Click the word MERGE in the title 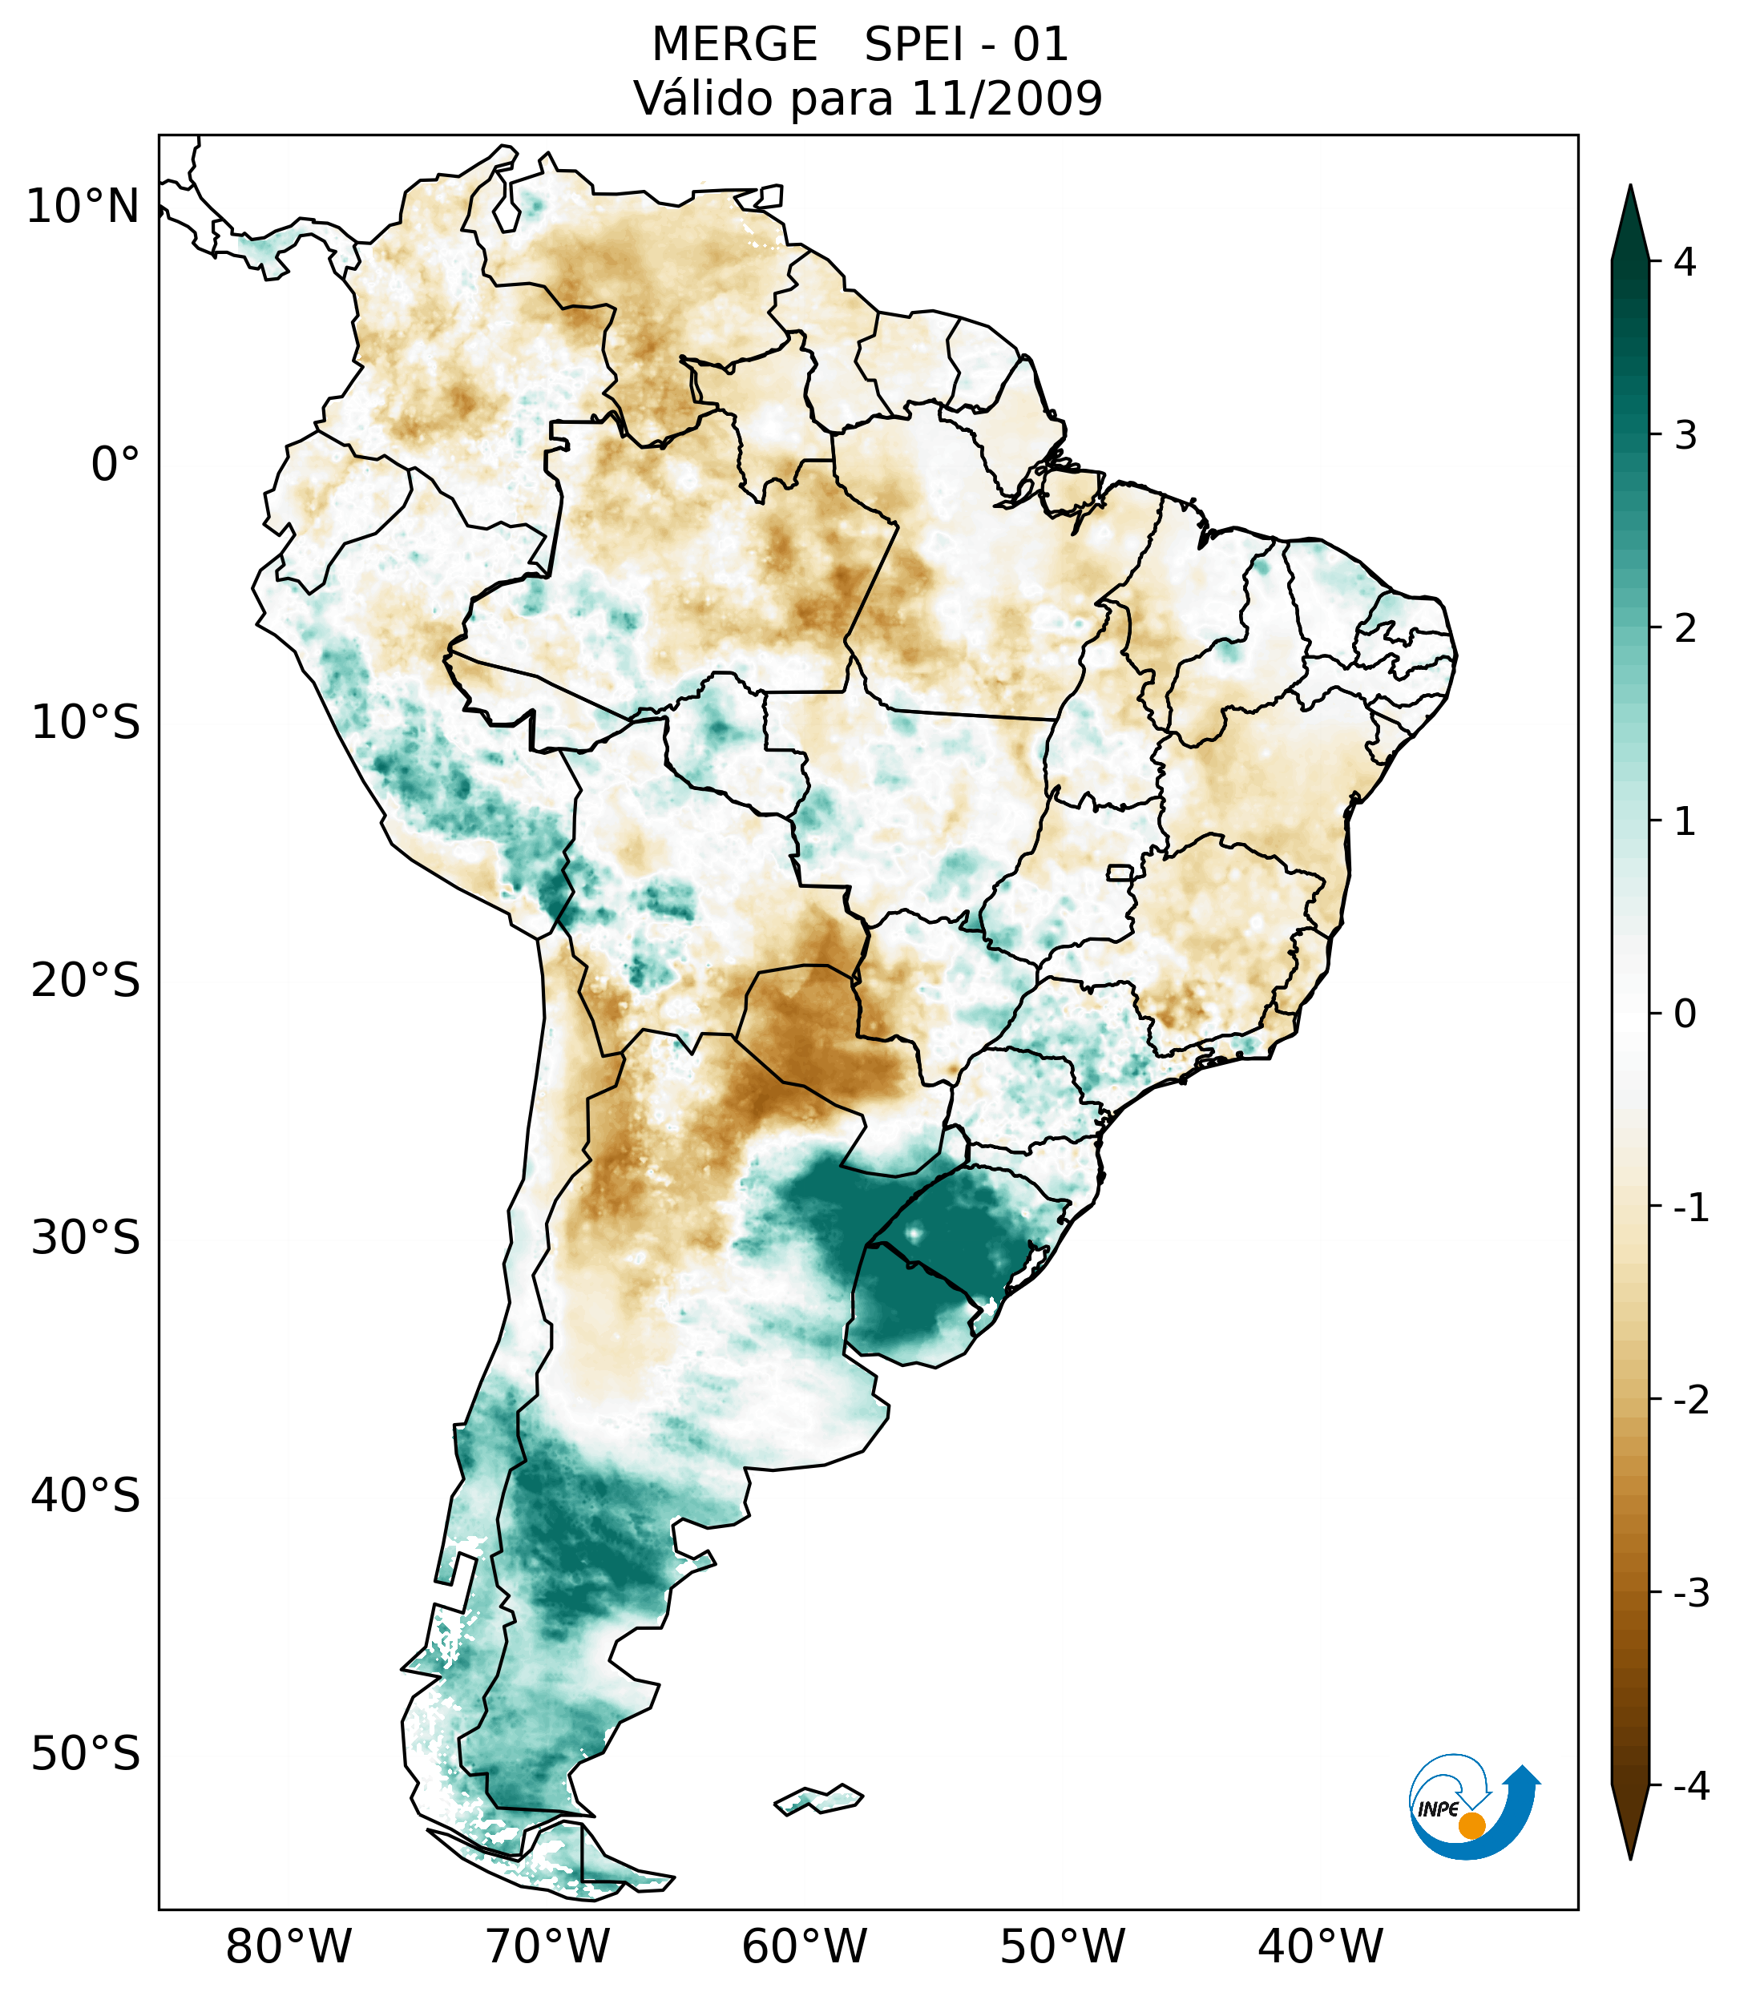(x=734, y=45)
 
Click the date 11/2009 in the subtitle (x=1006, y=99)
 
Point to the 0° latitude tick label (x=115, y=465)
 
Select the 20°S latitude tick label (x=86, y=981)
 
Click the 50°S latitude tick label (x=86, y=1755)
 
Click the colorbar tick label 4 (x=1685, y=262)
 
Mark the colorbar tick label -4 (x=1690, y=1786)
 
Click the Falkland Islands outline (x=818, y=1798)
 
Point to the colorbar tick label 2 (x=1685, y=629)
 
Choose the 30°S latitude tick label (x=86, y=1238)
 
